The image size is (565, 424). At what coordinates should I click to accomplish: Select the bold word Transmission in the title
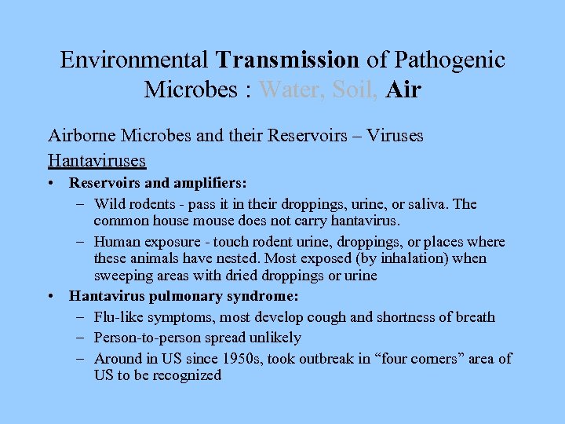pos(288,60)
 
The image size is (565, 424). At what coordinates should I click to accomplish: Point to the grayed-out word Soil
pos(355,90)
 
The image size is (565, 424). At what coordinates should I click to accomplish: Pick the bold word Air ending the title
pos(403,90)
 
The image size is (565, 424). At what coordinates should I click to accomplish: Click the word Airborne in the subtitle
pos(79,136)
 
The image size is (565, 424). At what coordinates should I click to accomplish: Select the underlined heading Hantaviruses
pos(97,161)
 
